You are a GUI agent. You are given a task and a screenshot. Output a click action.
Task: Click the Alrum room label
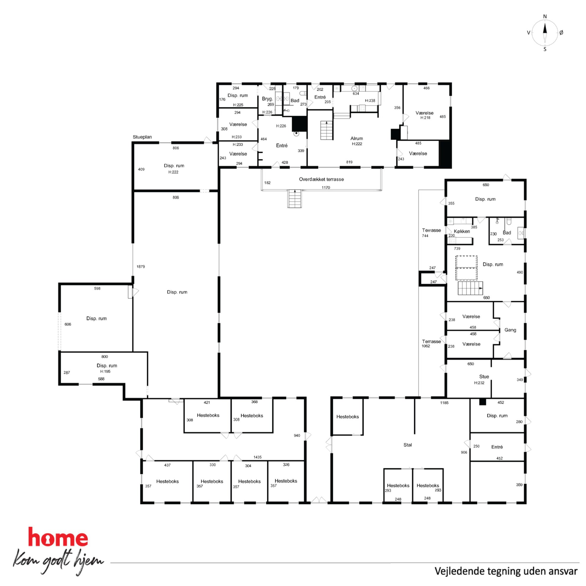pyautogui.click(x=357, y=138)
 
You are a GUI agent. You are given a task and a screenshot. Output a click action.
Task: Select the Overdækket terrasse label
pyautogui.click(x=321, y=179)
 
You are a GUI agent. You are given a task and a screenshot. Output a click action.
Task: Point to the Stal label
pyautogui.click(x=407, y=445)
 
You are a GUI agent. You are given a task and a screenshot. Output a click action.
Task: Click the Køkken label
pyautogui.click(x=462, y=231)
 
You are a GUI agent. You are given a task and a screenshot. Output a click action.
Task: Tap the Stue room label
pyautogui.click(x=484, y=376)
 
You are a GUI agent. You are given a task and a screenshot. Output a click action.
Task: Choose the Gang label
pyautogui.click(x=510, y=330)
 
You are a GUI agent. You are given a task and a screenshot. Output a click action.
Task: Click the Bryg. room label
pyautogui.click(x=267, y=99)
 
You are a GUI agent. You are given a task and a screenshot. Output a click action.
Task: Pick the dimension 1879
pyautogui.click(x=141, y=267)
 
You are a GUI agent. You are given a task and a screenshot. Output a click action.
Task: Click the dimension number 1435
pyautogui.click(x=257, y=457)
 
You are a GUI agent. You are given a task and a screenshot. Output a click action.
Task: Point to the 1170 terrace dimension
pyautogui.click(x=325, y=188)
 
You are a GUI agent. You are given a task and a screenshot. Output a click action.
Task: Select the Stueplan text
pyautogui.click(x=142, y=137)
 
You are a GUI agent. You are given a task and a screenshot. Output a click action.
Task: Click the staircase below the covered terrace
pyautogui.click(x=294, y=199)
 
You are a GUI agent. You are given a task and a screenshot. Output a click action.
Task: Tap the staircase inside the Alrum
pyautogui.click(x=327, y=130)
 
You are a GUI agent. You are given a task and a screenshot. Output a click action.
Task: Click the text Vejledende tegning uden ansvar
pyautogui.click(x=506, y=571)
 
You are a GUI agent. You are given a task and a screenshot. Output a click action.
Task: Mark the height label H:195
pyautogui.click(x=105, y=372)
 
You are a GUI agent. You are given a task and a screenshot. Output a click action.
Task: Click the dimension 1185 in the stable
pyautogui.click(x=444, y=403)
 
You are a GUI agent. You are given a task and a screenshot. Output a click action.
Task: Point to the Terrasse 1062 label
pyautogui.click(x=431, y=343)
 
